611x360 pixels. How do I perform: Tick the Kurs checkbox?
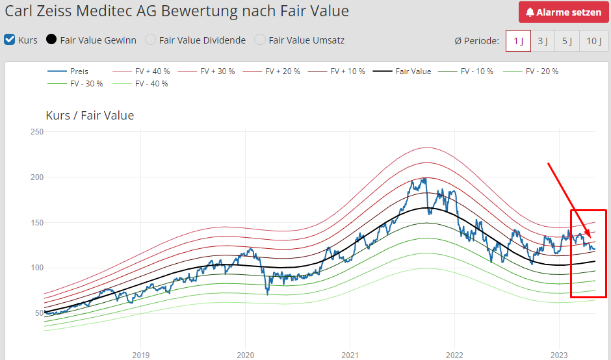click(x=10, y=40)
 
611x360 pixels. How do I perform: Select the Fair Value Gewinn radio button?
click(x=51, y=40)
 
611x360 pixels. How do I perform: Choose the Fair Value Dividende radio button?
click(x=150, y=40)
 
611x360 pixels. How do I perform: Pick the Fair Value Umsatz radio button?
click(x=260, y=40)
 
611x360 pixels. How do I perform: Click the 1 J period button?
click(x=518, y=41)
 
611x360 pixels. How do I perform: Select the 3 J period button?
click(x=542, y=41)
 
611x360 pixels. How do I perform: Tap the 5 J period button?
click(x=567, y=41)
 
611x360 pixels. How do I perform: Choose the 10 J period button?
click(x=593, y=41)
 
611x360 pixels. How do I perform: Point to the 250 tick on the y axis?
click(x=37, y=132)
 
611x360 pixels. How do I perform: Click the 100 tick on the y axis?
click(x=37, y=268)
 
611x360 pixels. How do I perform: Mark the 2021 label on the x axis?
click(x=350, y=355)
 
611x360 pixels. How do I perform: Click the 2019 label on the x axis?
click(x=140, y=355)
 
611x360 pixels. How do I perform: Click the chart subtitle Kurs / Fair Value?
click(x=90, y=116)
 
